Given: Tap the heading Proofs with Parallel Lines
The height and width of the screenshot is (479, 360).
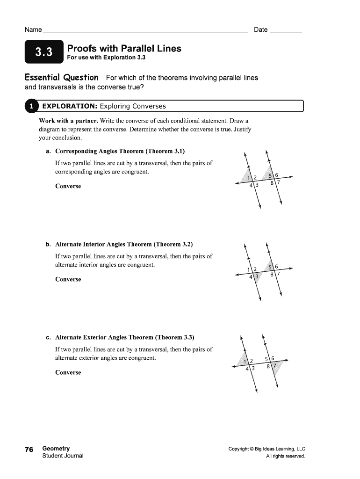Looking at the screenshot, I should point(124,49).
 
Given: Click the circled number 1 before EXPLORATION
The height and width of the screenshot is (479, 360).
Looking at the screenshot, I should point(31,106).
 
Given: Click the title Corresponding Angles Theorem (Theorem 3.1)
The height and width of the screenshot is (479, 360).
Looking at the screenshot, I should point(120,151).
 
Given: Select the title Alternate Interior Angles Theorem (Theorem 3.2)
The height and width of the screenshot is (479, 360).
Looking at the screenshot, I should point(124,244).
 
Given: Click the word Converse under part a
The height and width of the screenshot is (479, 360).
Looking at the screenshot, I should point(68,186).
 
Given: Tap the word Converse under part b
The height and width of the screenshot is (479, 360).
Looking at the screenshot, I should point(68,279).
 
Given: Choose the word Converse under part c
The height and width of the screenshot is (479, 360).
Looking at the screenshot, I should point(68,372).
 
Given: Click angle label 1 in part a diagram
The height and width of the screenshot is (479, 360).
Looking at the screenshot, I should point(249,177).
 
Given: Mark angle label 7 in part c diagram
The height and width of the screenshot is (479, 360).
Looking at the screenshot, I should point(274,365).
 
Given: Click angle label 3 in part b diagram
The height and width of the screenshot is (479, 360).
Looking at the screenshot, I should point(257,276).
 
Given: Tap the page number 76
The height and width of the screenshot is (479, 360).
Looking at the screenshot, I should point(29,449).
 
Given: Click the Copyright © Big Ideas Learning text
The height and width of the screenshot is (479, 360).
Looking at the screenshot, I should point(266,449).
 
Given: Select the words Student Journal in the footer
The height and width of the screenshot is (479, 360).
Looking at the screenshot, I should point(63,456).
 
